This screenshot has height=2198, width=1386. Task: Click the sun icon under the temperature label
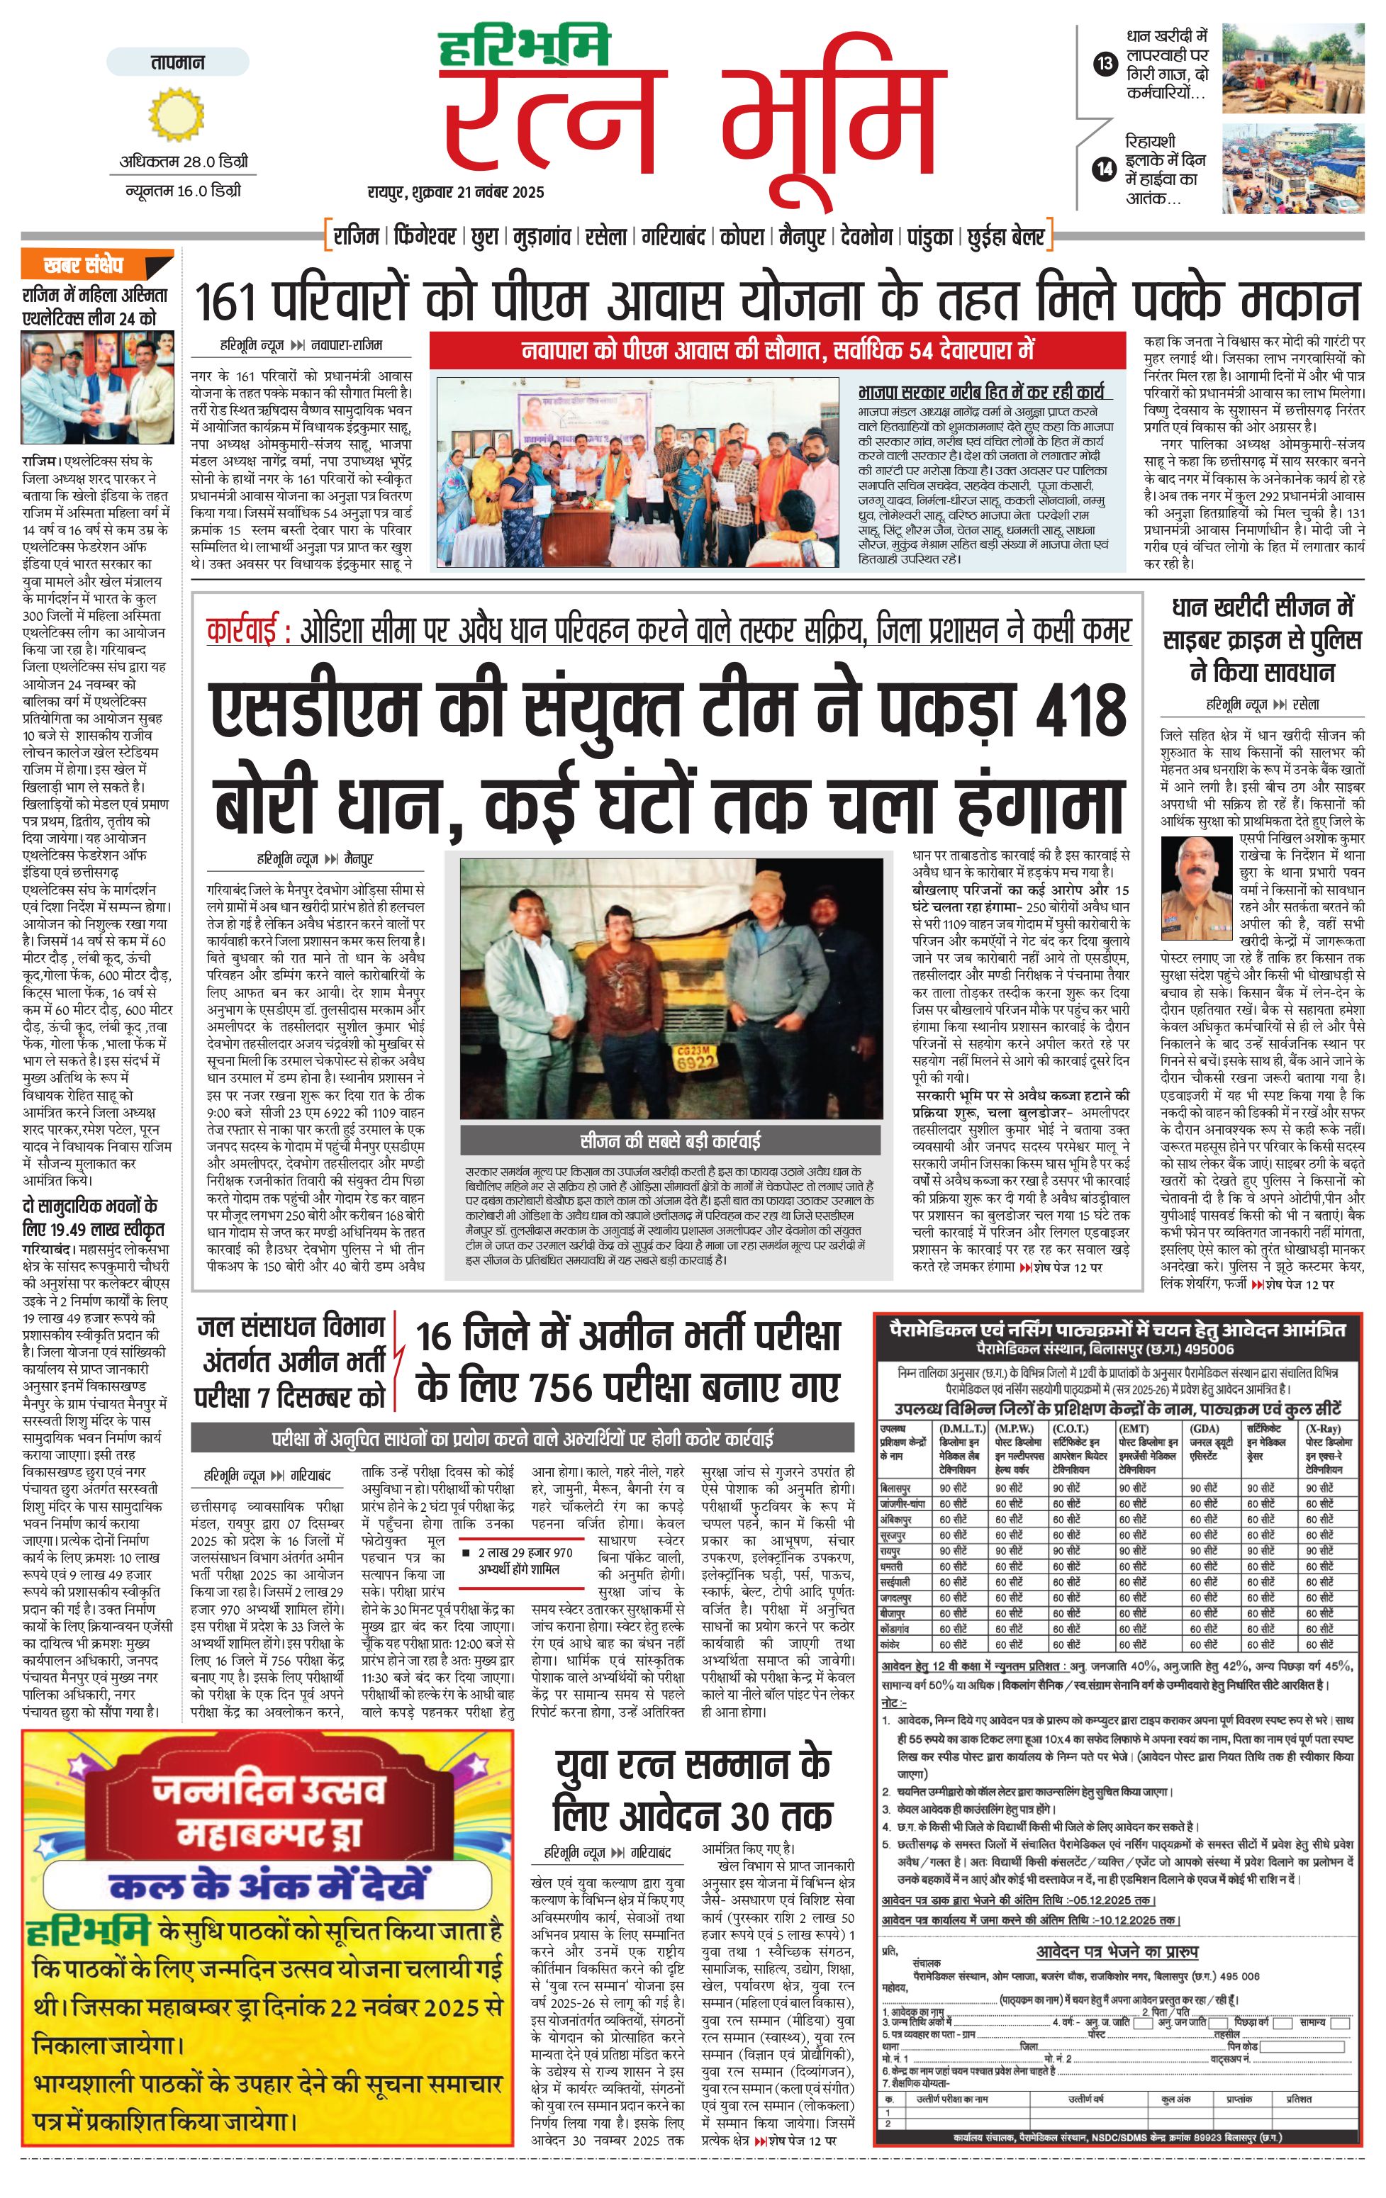tap(177, 115)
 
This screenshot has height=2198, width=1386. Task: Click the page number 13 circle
tap(1105, 64)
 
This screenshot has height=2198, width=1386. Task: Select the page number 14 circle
tap(1105, 169)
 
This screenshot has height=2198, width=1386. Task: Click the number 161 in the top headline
tap(229, 302)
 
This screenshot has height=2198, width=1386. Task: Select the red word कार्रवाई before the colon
tap(241, 632)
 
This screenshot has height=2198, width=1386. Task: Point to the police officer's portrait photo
tap(1197, 879)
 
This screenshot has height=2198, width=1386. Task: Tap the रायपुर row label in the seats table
tap(891, 1551)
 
